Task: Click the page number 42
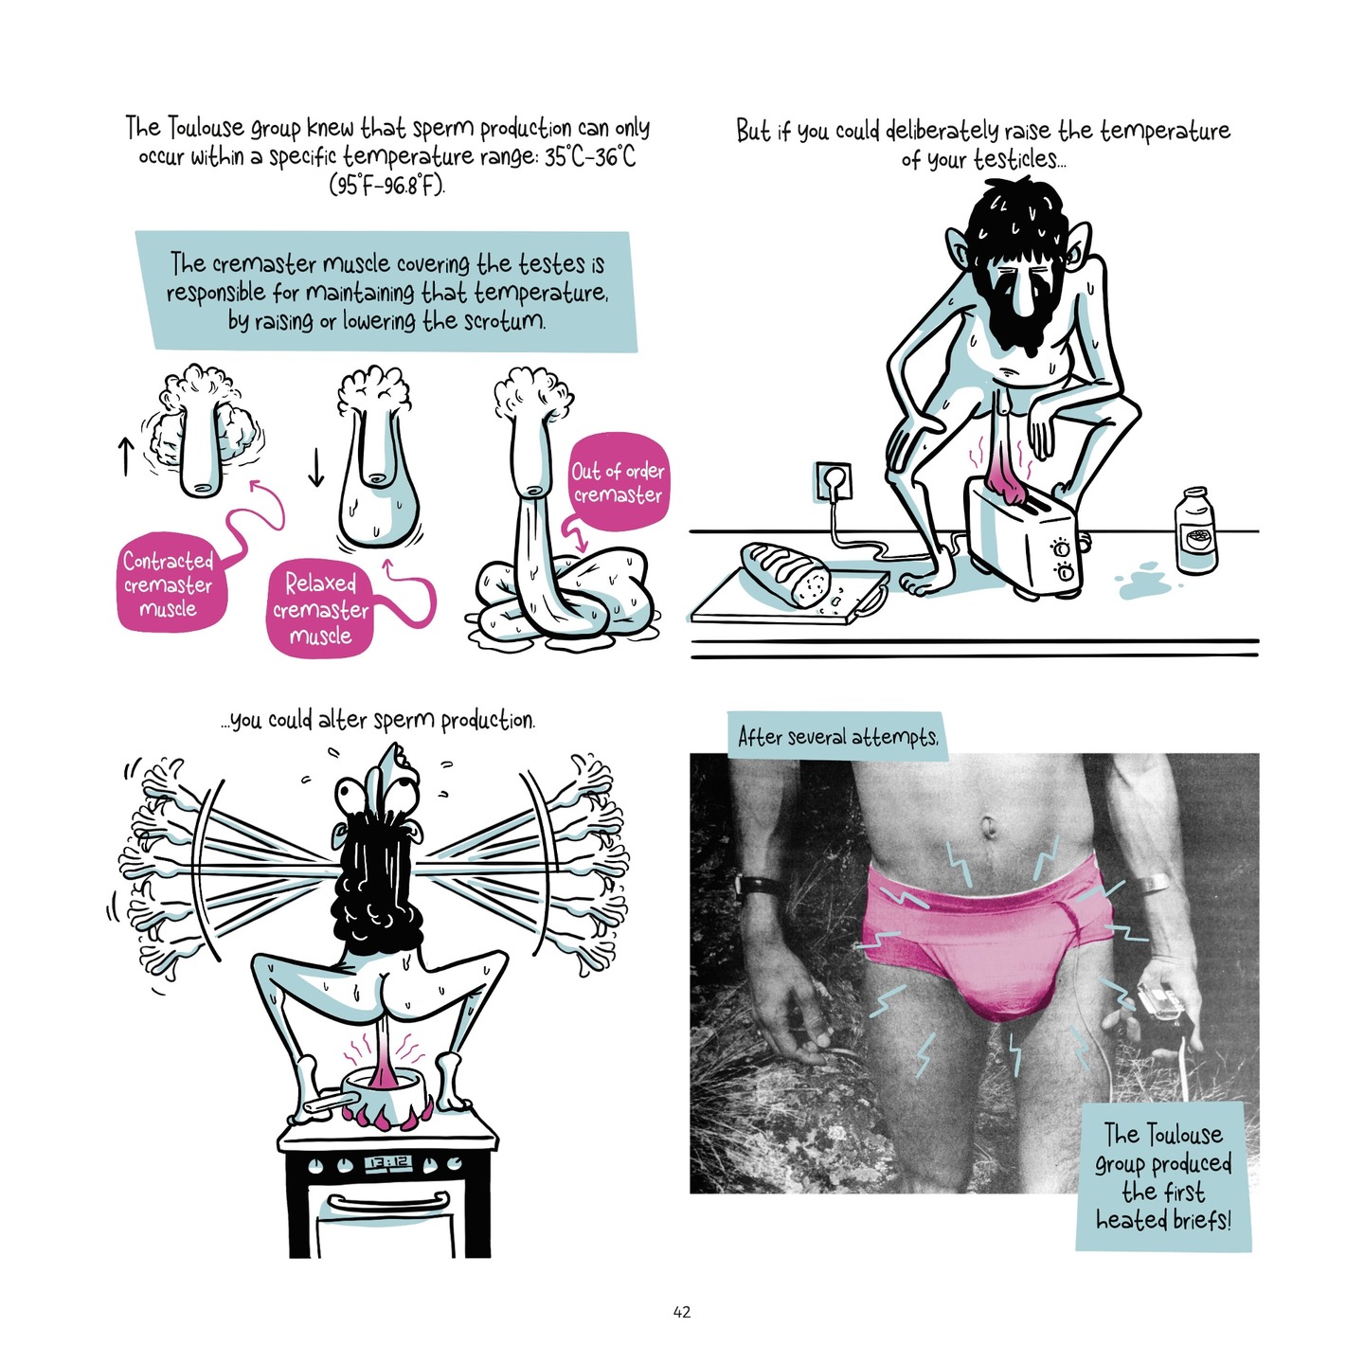681,1312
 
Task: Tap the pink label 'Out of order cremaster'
619,482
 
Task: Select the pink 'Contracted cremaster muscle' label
169,584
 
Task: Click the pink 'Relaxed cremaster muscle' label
320,609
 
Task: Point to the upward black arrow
125,455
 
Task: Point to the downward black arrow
316,466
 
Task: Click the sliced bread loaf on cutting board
784,573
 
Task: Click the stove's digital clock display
386,1162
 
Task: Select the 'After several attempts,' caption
837,737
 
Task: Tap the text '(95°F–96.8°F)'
386,185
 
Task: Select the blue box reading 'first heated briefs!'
1163,1177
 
